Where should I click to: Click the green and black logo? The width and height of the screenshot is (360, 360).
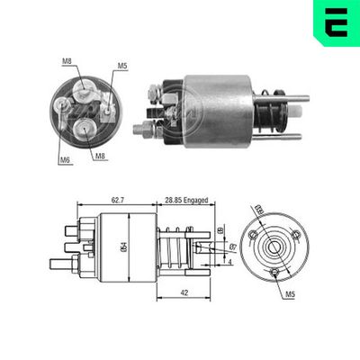click(334, 22)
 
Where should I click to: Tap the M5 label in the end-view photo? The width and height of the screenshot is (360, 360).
click(121, 66)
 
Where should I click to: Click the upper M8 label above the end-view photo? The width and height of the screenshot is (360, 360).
click(67, 61)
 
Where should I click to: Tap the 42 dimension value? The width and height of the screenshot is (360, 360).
click(184, 292)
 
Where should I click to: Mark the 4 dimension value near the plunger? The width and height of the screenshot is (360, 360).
click(230, 262)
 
